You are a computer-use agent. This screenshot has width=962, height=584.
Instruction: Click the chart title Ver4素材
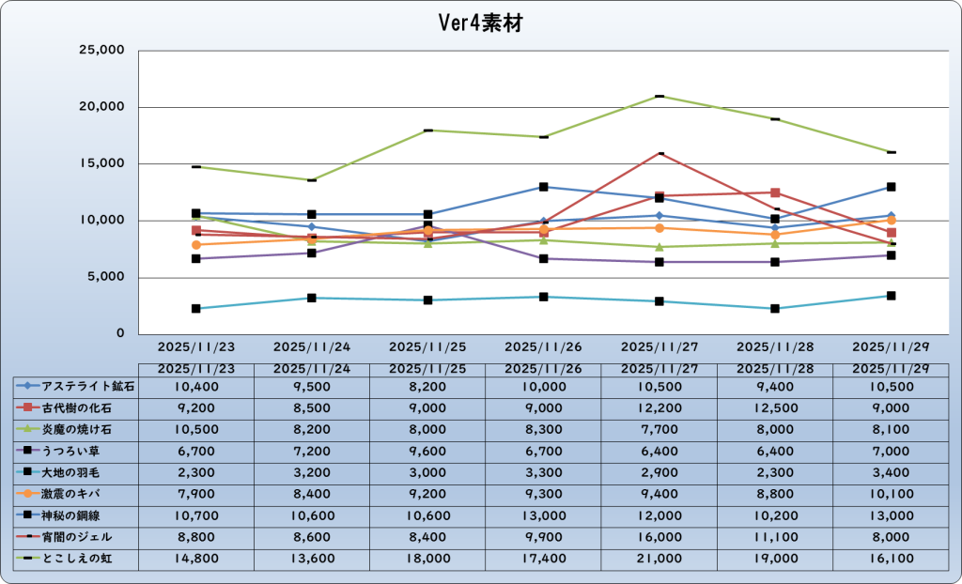[x=480, y=23]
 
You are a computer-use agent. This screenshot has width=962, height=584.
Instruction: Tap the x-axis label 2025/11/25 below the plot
[x=427, y=346]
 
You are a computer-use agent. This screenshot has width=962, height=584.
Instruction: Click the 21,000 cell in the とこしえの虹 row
[x=659, y=559]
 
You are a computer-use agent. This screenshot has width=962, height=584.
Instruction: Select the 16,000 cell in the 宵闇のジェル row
[x=659, y=537]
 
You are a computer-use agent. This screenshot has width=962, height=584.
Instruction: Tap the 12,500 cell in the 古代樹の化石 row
[x=775, y=407]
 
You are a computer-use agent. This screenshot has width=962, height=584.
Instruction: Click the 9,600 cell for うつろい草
[x=427, y=451]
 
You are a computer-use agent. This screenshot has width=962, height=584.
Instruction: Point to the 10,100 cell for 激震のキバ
[x=891, y=494]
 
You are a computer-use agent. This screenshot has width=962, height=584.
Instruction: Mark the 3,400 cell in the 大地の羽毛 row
[x=891, y=472]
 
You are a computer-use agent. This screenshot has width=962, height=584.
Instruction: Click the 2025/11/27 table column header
[x=659, y=369]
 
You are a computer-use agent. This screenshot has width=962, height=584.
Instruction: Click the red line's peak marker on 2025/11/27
[x=659, y=152]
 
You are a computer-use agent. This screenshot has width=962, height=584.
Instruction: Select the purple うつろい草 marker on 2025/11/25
[x=427, y=225]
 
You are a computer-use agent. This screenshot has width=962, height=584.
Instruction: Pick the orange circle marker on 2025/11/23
[x=195, y=244]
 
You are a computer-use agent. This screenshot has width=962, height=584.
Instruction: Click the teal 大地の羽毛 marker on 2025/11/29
[x=892, y=296]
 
